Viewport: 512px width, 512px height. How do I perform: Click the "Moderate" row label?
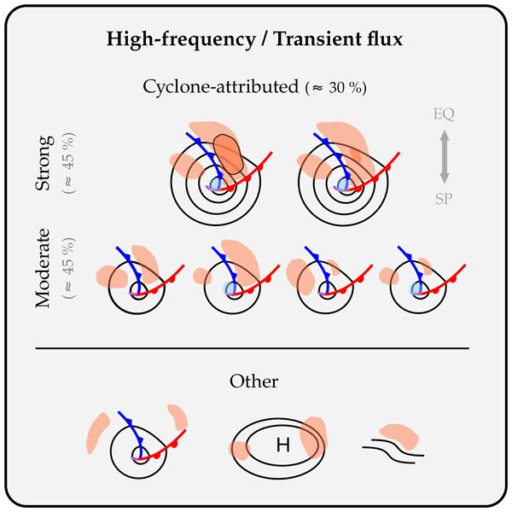[48, 269]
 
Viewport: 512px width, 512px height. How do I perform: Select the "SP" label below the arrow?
[445, 198]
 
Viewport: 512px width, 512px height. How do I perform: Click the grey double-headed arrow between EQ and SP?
[445, 157]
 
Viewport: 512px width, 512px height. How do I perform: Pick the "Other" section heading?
[254, 381]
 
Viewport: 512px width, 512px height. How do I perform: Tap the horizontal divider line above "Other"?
[252, 348]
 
